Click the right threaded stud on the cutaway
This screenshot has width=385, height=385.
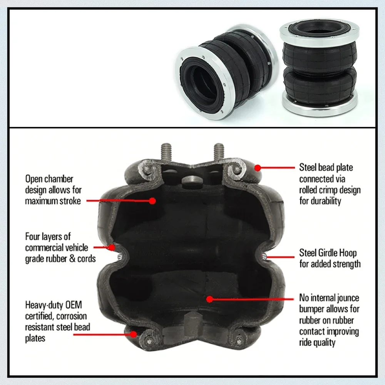click(219, 152)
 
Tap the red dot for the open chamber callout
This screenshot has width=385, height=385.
click(152, 201)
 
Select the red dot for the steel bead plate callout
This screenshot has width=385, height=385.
click(257, 168)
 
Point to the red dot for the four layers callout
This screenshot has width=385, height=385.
click(112, 247)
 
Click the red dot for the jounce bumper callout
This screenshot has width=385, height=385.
click(209, 299)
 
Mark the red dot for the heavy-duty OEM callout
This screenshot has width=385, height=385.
click(133, 334)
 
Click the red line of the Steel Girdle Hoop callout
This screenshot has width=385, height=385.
click(280, 257)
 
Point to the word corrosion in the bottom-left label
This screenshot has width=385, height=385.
click(72, 316)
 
